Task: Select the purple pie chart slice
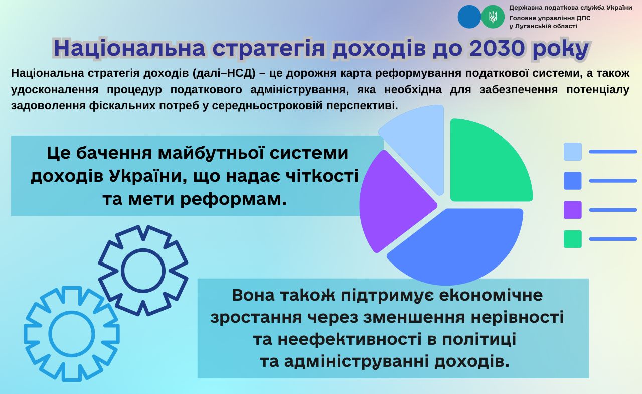coord(393,201)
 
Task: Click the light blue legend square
coord(573,152)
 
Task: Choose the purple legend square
coord(573,210)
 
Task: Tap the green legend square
coord(573,239)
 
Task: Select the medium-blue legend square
coord(573,181)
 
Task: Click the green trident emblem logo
coord(493,17)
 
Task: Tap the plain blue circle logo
coord(469,17)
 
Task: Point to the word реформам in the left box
coord(234,199)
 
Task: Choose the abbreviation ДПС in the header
coord(583,18)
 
